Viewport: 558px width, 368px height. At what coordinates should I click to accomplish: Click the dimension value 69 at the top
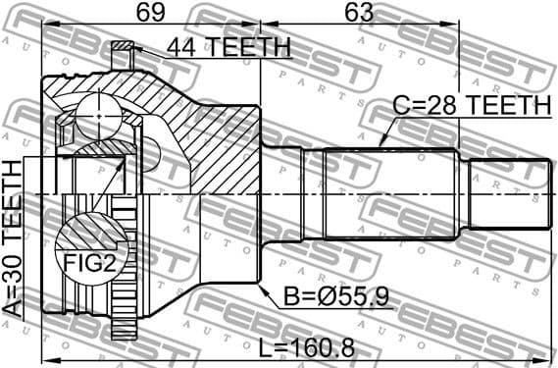point(149,13)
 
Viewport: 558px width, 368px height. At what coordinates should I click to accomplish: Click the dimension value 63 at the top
point(359,13)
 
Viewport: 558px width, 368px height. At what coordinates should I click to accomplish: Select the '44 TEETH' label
point(228,47)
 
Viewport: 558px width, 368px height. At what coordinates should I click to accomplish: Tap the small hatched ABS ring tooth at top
point(123,47)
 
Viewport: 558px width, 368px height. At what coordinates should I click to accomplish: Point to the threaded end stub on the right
point(509,191)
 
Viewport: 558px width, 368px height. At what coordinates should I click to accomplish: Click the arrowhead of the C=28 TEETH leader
point(380,146)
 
